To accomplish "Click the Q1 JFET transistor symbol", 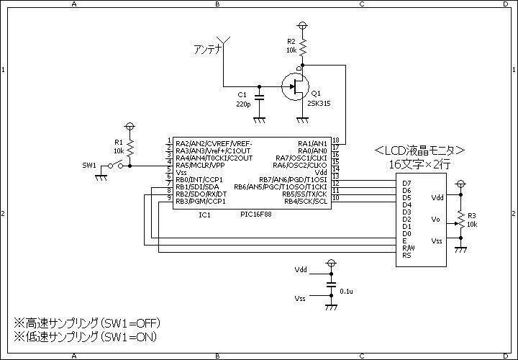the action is click(296, 86).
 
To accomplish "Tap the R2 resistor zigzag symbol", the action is click(303, 48).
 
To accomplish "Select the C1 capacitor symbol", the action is click(259, 97).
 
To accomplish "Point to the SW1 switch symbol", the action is click(116, 166).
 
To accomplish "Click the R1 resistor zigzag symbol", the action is click(130, 148).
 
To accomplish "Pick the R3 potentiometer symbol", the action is click(460, 223).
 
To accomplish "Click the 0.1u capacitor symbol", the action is click(332, 285).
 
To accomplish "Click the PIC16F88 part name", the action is click(256, 215).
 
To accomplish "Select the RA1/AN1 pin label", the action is click(312, 143).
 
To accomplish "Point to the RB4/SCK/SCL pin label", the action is click(306, 202).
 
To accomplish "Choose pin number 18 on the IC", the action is click(336, 140).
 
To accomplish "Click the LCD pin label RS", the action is click(406, 255).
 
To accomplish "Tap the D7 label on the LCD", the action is click(406, 184).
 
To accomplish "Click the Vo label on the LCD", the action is click(436, 220).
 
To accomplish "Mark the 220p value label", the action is click(243, 104).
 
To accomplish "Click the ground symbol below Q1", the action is click(303, 120).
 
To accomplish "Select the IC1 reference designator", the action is click(205, 215).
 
